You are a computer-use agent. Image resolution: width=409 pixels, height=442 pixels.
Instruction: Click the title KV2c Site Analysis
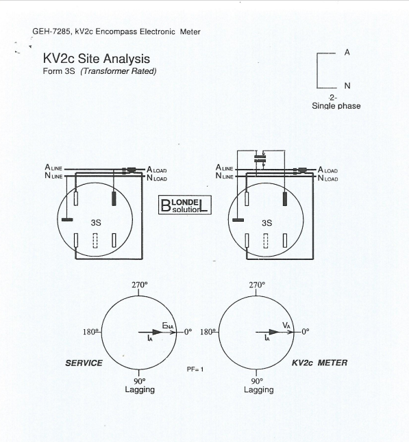(96, 60)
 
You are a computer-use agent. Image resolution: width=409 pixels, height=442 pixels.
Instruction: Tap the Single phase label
(336, 106)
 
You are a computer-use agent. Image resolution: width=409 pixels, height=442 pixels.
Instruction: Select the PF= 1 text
(196, 369)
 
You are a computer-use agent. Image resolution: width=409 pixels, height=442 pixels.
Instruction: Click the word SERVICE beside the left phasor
(84, 363)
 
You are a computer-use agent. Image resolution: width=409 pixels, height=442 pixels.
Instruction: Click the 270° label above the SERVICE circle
(140, 284)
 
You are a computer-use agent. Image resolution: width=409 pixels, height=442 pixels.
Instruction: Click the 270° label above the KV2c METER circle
(257, 284)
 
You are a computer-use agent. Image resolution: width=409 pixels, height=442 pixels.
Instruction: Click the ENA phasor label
(168, 326)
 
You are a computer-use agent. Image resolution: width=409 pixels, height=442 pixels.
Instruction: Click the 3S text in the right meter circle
(267, 222)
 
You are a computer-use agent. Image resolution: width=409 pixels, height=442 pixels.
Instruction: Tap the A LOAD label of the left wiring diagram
(156, 170)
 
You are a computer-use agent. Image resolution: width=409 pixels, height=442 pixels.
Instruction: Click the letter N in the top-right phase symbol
(347, 86)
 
